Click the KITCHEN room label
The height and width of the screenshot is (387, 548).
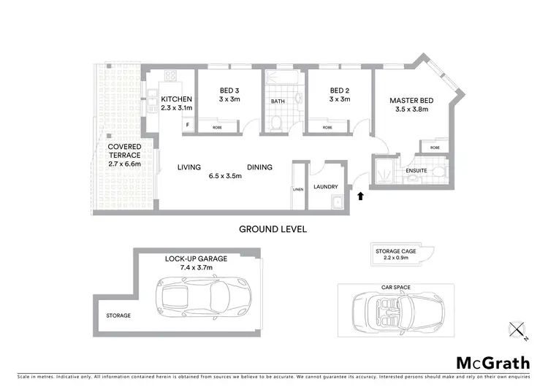[176, 99]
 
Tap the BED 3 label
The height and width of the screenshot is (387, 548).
[230, 91]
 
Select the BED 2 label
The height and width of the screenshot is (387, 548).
[339, 91]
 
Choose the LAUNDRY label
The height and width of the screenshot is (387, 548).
[325, 186]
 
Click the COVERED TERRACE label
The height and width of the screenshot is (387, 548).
[125, 151]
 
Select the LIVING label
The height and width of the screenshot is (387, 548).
[189, 167]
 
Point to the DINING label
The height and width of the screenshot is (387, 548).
[259, 167]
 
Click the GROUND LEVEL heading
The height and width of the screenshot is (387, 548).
[273, 229]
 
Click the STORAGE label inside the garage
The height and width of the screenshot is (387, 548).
[118, 315]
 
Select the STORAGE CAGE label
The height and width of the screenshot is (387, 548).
[396, 251]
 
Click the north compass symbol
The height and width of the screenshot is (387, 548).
[519, 330]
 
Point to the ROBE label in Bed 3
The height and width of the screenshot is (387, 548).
[217, 127]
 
